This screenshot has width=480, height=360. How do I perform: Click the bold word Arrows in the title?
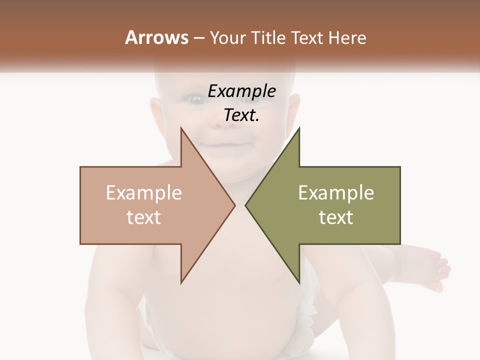click(156, 37)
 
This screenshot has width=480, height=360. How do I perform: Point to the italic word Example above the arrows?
click(241, 91)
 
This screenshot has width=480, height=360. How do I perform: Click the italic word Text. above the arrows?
click(241, 115)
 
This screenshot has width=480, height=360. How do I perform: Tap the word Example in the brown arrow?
click(144, 192)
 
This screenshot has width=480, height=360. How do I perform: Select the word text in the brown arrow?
click(144, 217)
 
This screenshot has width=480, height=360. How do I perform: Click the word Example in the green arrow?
click(336, 192)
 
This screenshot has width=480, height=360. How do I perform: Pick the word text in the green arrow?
click(336, 217)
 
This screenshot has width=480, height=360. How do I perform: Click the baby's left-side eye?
click(196, 100)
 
